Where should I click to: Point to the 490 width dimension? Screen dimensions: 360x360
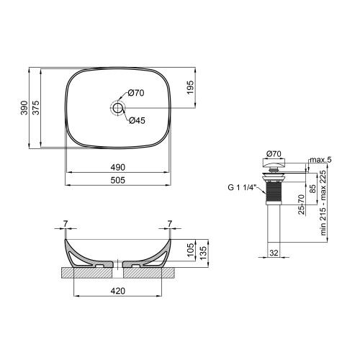click(120, 168)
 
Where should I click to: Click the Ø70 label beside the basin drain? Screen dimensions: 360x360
click(138, 93)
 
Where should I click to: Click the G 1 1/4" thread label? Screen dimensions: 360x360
click(241, 189)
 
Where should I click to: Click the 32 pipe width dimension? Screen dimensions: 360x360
click(274, 251)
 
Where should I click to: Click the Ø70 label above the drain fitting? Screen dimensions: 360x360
click(274, 153)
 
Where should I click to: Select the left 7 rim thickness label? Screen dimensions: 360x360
click(65, 222)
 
